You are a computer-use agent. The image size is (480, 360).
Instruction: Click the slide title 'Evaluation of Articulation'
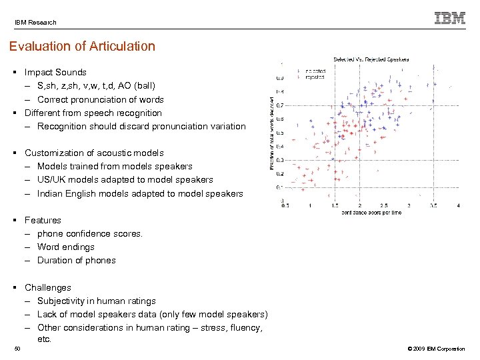82,47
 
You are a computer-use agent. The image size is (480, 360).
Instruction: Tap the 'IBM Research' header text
36,22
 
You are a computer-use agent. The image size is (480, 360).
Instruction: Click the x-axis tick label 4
459,205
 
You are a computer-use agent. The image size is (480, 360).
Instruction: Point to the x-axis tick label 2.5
384,205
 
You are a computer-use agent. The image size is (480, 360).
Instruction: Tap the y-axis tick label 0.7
280,105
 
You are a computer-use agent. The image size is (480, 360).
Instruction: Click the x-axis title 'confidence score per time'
371,213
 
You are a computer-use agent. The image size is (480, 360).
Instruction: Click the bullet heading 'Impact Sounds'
55,72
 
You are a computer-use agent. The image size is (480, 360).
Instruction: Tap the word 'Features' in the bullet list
43,220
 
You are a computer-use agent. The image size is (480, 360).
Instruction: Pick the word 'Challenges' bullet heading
48,287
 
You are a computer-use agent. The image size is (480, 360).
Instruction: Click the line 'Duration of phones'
76,260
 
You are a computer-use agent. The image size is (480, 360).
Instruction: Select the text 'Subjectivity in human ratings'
96,301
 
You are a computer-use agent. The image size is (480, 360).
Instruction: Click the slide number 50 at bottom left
18,349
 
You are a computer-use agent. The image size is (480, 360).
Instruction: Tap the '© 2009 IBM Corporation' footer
434,349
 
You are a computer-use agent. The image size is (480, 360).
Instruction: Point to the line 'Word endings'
66,247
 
